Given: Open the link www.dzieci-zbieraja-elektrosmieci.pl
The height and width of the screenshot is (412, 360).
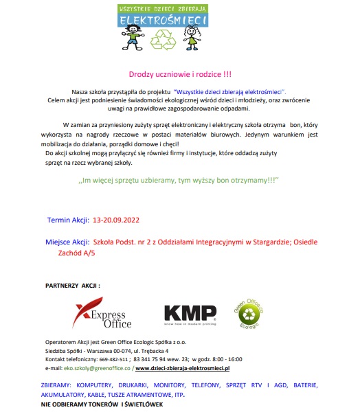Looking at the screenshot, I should [x=191, y=368].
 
